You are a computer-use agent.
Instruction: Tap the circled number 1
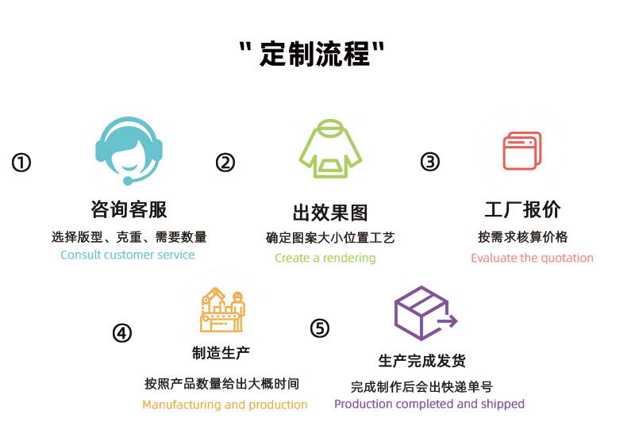21,163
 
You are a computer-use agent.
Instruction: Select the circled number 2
225,163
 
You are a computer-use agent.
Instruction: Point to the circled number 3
429,162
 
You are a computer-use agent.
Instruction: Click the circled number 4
121,332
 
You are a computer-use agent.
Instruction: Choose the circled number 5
319,328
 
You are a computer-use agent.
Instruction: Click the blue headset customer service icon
129,151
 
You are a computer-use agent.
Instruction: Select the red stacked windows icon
522,151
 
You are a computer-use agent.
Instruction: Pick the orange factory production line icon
222,310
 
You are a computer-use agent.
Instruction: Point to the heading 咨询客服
129,209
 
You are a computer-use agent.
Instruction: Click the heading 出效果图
330,213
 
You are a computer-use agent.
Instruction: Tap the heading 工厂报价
522,209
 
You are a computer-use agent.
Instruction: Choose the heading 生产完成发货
421,360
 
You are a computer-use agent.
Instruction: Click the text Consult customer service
127,255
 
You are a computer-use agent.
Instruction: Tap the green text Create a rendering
325,258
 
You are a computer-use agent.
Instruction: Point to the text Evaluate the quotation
532,258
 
